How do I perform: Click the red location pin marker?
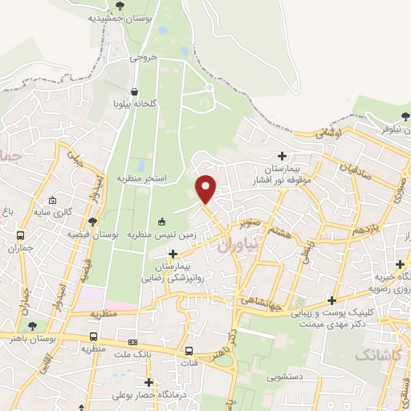[206, 189]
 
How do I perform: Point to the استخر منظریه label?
[141, 177]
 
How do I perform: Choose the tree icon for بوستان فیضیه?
[92, 221]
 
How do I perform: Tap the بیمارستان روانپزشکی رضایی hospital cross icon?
[173, 253]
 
